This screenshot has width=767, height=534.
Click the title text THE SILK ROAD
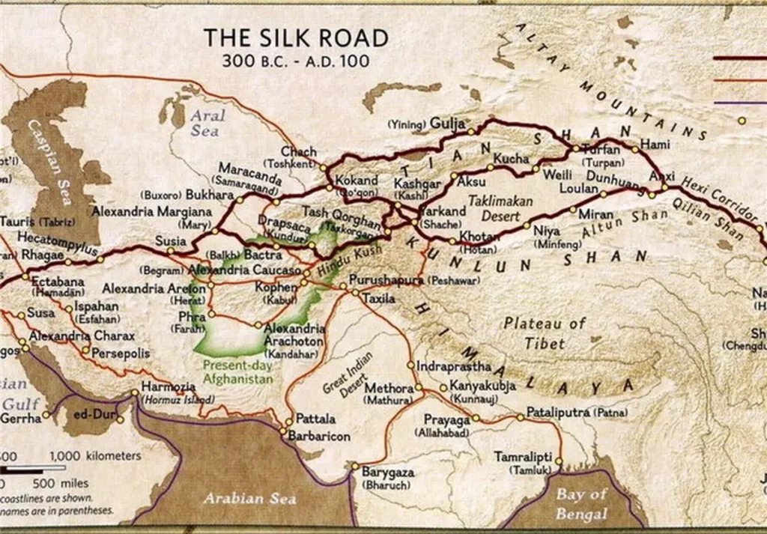[x=296, y=38]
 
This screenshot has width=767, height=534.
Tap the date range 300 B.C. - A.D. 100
[x=296, y=61]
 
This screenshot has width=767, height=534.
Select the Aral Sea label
[x=205, y=124]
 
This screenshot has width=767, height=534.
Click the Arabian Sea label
[x=251, y=498]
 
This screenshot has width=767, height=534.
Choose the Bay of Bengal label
[x=581, y=504]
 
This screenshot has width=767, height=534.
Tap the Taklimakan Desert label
[x=500, y=207]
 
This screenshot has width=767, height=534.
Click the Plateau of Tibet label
[x=544, y=333]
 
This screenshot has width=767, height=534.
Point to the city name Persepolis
[x=121, y=353]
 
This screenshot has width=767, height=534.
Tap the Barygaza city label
[x=387, y=473]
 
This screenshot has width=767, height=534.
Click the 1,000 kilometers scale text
[x=95, y=455]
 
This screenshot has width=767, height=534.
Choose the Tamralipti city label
[x=523, y=456]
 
